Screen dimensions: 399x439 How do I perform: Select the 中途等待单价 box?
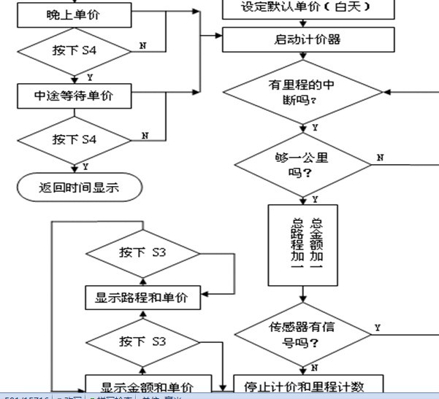(x=73, y=94)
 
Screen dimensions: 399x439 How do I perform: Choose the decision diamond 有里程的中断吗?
(x=302, y=92)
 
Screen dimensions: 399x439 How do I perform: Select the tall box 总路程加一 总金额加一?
(x=302, y=244)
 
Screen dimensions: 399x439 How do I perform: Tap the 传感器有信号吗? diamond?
(x=302, y=333)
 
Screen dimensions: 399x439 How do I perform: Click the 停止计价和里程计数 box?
(x=309, y=384)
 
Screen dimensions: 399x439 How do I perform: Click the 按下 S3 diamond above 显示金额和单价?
(x=142, y=341)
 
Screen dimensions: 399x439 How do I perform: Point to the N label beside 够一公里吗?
(x=378, y=158)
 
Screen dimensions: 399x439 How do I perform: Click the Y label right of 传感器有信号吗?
(x=377, y=328)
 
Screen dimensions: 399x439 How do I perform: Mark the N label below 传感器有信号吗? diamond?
(x=313, y=367)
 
